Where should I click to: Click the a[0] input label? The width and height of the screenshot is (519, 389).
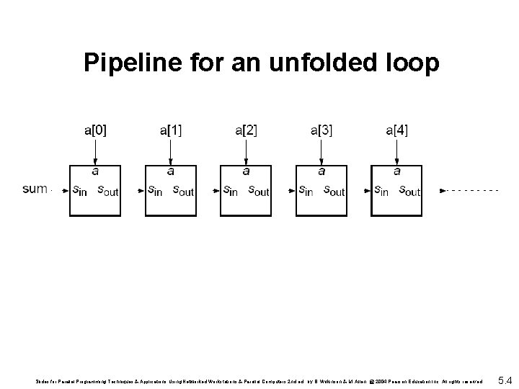pyautogui.click(x=95, y=130)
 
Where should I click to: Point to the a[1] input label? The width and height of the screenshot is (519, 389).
pyautogui.click(x=171, y=130)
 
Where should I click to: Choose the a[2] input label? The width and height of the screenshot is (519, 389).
pyautogui.click(x=246, y=130)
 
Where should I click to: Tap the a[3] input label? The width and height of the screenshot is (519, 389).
pyautogui.click(x=321, y=130)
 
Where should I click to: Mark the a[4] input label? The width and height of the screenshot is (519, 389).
pyautogui.click(x=396, y=130)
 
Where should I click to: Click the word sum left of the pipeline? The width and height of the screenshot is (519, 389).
pyautogui.click(x=35, y=189)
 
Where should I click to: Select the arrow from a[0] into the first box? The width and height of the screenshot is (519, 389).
pyautogui.click(x=95, y=151)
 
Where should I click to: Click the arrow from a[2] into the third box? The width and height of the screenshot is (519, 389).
pyautogui.click(x=246, y=151)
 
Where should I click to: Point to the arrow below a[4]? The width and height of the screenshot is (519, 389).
pyautogui.click(x=396, y=151)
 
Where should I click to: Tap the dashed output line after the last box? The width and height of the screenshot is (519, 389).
pyautogui.click(x=472, y=190)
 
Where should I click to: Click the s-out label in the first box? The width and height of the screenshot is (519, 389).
pyautogui.click(x=107, y=191)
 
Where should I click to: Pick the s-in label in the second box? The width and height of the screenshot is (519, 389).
pyautogui.click(x=155, y=191)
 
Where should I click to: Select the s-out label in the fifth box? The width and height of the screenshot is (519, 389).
pyautogui.click(x=409, y=191)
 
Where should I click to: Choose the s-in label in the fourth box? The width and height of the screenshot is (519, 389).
pyautogui.click(x=306, y=191)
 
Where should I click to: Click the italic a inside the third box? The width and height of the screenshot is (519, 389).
pyautogui.click(x=246, y=171)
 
